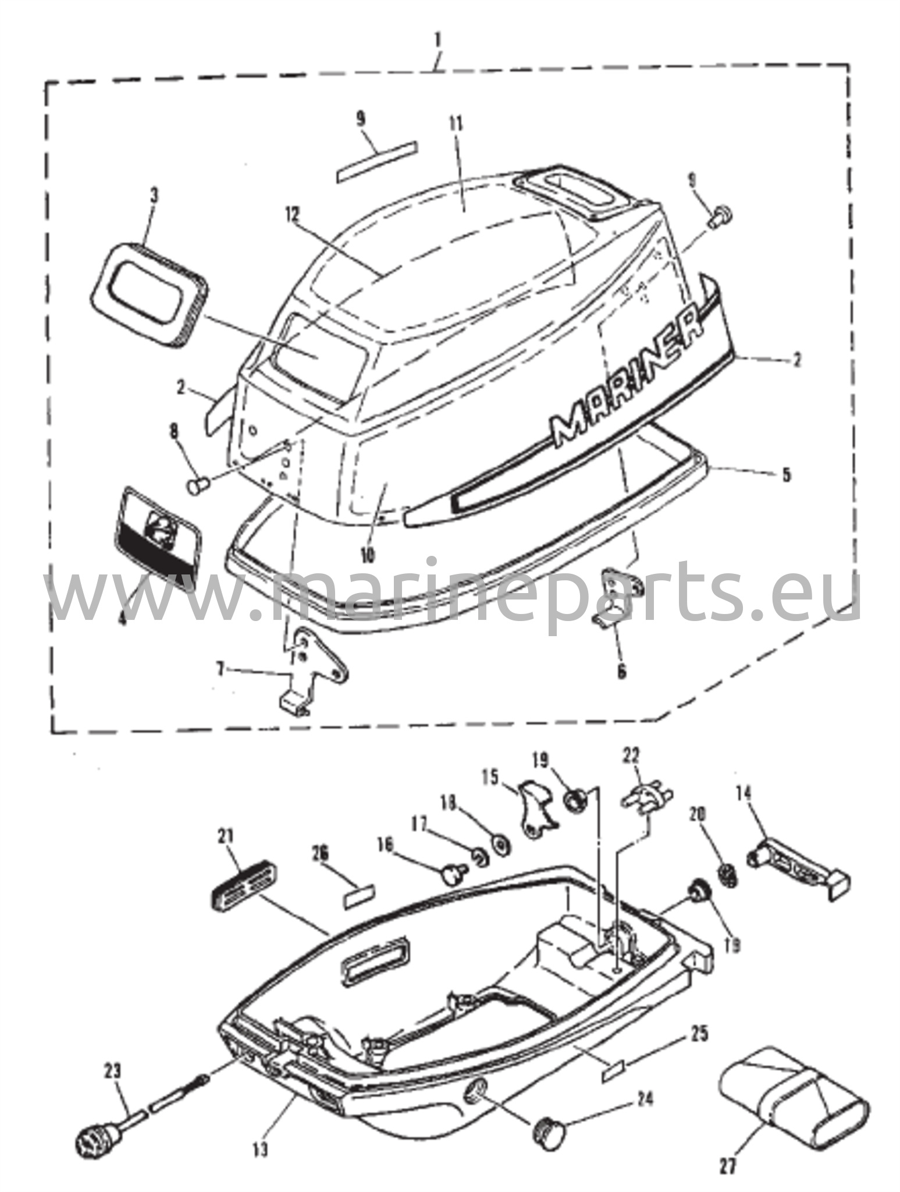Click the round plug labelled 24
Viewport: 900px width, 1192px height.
tap(549, 1115)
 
